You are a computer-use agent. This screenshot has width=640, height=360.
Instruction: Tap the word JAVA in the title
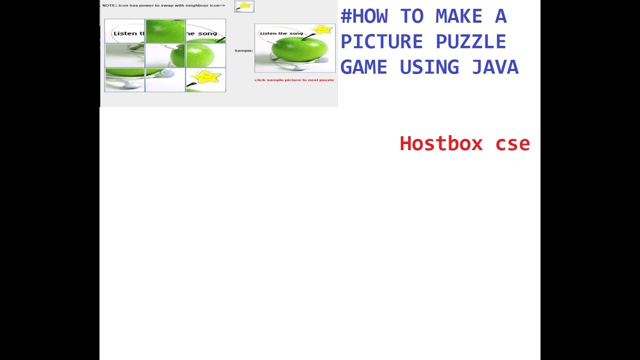(495, 67)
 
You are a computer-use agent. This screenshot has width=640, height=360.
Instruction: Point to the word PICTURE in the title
(381, 41)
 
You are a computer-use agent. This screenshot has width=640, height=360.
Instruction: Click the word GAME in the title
(363, 67)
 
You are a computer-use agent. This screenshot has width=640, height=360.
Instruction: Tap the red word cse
(512, 143)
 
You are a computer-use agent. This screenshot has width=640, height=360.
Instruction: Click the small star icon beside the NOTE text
(244, 6)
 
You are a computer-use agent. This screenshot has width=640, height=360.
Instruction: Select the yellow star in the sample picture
(323, 29)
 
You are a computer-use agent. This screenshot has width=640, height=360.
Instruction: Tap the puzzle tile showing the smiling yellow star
(205, 79)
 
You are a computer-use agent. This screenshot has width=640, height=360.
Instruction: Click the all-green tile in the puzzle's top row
(165, 31)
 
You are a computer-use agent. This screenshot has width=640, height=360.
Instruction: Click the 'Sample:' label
(243, 50)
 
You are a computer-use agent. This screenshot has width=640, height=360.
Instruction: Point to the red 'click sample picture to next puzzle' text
(294, 80)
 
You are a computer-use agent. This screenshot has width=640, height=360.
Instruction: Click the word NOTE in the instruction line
(108, 5)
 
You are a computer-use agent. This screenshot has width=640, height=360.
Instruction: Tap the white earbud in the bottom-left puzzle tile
(131, 84)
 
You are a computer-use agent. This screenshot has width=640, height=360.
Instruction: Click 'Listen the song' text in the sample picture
(281, 33)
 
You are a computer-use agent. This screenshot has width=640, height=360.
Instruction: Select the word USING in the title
(429, 67)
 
